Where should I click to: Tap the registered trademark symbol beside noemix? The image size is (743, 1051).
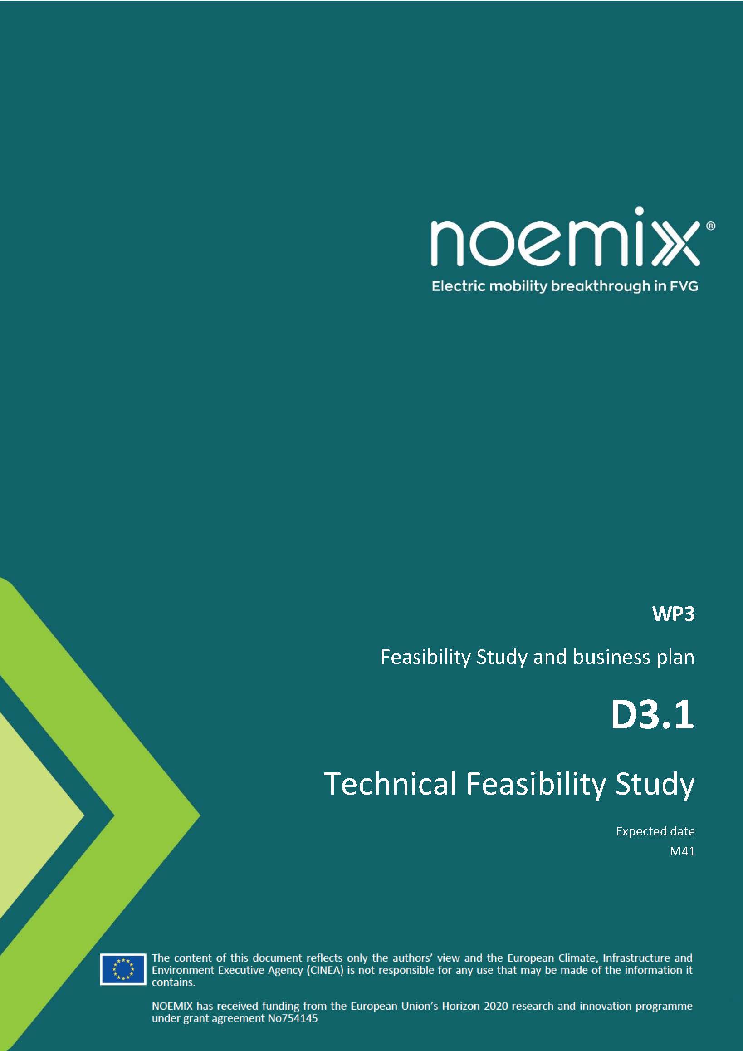tap(711, 226)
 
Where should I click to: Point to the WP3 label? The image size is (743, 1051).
tap(674, 614)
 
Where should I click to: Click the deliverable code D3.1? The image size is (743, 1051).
tap(652, 715)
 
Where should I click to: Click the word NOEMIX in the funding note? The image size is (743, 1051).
tap(172, 1006)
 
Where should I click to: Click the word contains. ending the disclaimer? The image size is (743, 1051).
tap(173, 982)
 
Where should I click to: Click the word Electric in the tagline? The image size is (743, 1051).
tap(458, 286)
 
